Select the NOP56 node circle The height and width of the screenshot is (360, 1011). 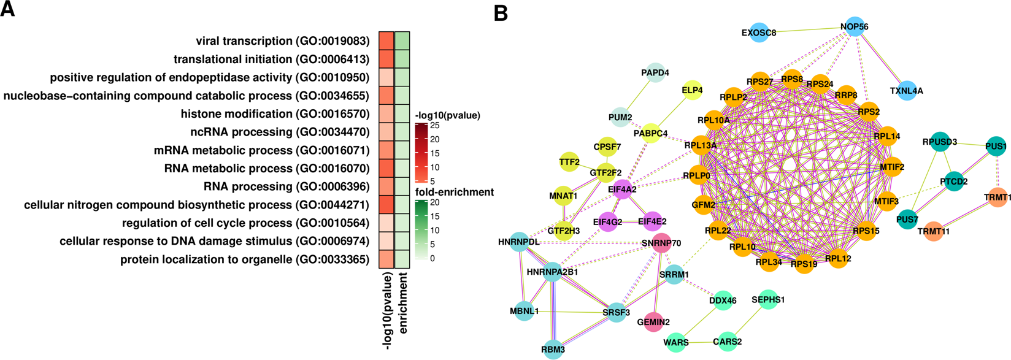pyautogui.click(x=855, y=27)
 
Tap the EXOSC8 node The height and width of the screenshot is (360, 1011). pyautogui.click(x=759, y=33)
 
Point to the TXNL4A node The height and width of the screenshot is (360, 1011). pyautogui.click(x=907, y=91)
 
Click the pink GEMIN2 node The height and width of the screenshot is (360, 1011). pyautogui.click(x=653, y=322)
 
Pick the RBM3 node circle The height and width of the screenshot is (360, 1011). pyautogui.click(x=553, y=349)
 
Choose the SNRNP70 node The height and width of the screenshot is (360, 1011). pyautogui.click(x=661, y=243)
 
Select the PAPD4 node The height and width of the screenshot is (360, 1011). pyautogui.click(x=655, y=72)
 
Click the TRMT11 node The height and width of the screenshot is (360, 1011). pyautogui.click(x=933, y=231)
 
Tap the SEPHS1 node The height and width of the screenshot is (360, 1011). pyautogui.click(x=768, y=300)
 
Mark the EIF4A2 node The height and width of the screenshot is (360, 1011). pyautogui.click(x=622, y=190)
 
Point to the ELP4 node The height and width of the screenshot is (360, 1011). pyautogui.click(x=692, y=91)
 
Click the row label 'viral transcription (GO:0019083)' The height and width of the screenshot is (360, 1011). pyautogui.click(x=282, y=41)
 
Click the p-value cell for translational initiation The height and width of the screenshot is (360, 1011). pyautogui.click(x=386, y=59)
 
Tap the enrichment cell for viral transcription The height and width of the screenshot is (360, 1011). pyautogui.click(x=402, y=41)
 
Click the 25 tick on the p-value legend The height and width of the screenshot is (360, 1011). pyautogui.click(x=434, y=126)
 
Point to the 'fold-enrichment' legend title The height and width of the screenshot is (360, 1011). pyautogui.click(x=454, y=192)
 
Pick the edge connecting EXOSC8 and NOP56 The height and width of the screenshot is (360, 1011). pyautogui.click(x=807, y=30)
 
